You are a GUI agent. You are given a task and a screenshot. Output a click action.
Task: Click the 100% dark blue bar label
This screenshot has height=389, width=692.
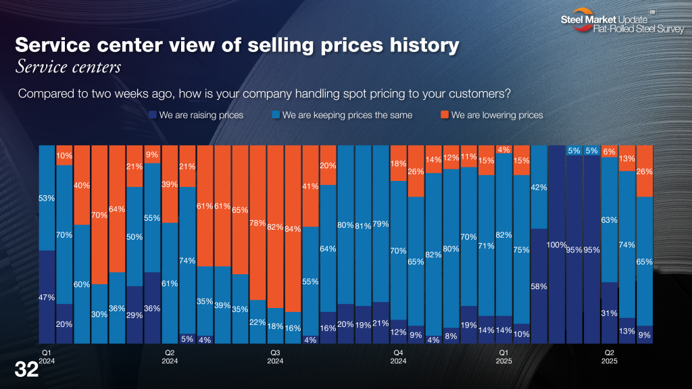click(x=557, y=244)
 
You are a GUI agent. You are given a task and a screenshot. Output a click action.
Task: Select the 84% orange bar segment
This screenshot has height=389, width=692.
click(x=293, y=228)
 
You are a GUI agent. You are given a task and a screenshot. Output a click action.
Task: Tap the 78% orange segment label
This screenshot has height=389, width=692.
click(x=257, y=223)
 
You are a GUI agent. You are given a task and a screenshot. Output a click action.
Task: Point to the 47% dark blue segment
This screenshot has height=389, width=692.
click(x=47, y=297)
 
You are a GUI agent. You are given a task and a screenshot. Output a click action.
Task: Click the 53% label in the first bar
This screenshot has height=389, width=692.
click(x=47, y=198)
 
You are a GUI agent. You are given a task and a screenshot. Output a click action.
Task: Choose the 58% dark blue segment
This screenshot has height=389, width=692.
click(x=539, y=286)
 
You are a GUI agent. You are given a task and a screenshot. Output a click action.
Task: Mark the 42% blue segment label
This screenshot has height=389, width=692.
click(x=539, y=187)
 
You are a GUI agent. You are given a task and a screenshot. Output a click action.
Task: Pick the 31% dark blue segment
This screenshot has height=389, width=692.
click(x=610, y=313)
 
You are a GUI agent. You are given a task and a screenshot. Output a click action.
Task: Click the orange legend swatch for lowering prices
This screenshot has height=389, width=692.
click(x=444, y=115)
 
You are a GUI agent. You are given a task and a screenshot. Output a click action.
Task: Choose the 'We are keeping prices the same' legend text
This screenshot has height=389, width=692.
click(x=347, y=115)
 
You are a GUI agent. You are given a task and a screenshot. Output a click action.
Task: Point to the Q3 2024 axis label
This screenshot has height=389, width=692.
click(x=275, y=357)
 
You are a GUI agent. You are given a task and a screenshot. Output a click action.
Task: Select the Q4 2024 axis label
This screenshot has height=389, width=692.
click(x=399, y=357)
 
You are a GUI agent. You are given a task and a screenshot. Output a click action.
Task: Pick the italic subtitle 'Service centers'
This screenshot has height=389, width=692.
click(x=68, y=68)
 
